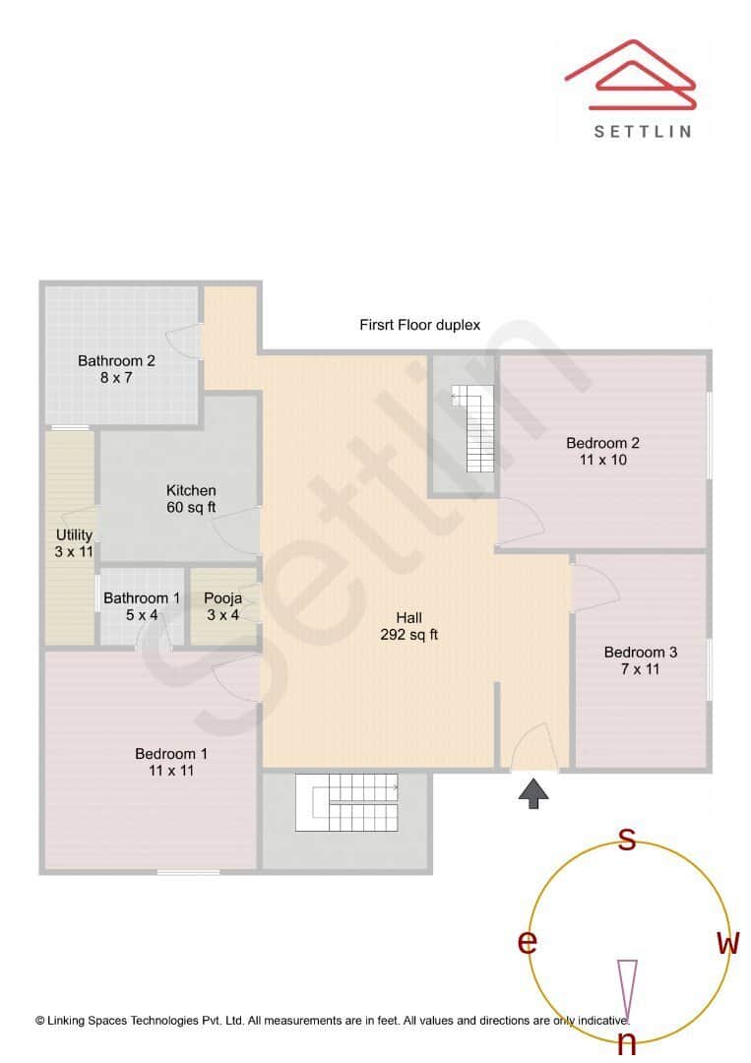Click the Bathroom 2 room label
click(x=117, y=368)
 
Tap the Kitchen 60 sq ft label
click(x=191, y=499)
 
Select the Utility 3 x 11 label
click(x=74, y=543)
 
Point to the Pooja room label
click(x=222, y=606)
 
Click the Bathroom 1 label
click(x=142, y=606)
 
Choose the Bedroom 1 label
click(x=171, y=762)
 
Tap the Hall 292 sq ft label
click(x=408, y=626)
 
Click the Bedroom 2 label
click(x=603, y=451)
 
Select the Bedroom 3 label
click(x=640, y=660)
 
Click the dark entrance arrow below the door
click(x=533, y=793)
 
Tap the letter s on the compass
click(x=626, y=840)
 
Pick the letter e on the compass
click(x=528, y=942)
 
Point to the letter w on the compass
click(x=728, y=943)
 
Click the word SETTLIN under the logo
click(x=643, y=131)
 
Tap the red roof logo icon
click(x=630, y=75)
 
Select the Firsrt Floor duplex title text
click(x=419, y=325)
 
